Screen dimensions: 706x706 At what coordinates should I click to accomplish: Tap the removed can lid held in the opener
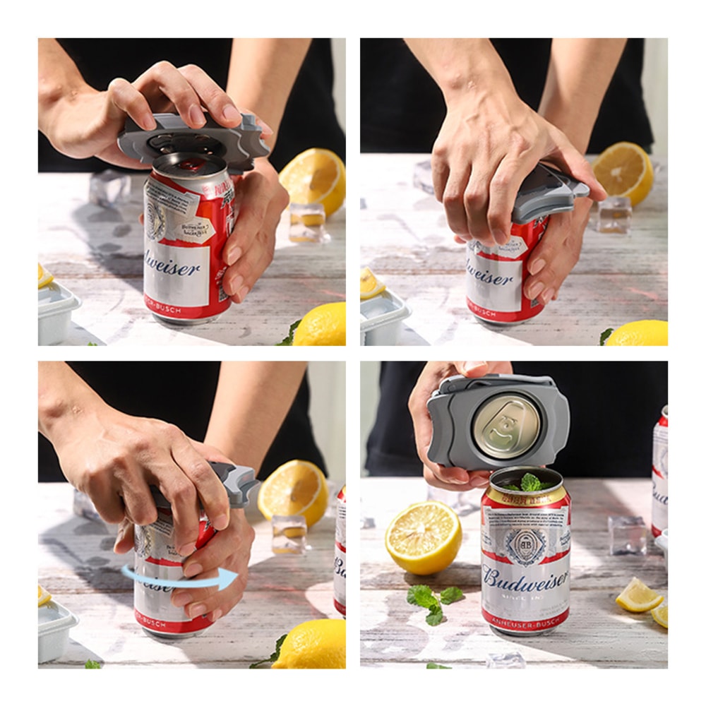(506, 424)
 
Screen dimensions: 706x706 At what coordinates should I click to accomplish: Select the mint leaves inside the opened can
(529, 483)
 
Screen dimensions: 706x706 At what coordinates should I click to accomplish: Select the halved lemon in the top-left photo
(313, 180)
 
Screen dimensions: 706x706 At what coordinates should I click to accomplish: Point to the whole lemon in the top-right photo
(639, 333)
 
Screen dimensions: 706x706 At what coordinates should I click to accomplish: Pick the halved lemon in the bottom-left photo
(292, 491)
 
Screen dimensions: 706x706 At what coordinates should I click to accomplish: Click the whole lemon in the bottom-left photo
(311, 644)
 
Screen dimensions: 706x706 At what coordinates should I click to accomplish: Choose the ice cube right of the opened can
(627, 534)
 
